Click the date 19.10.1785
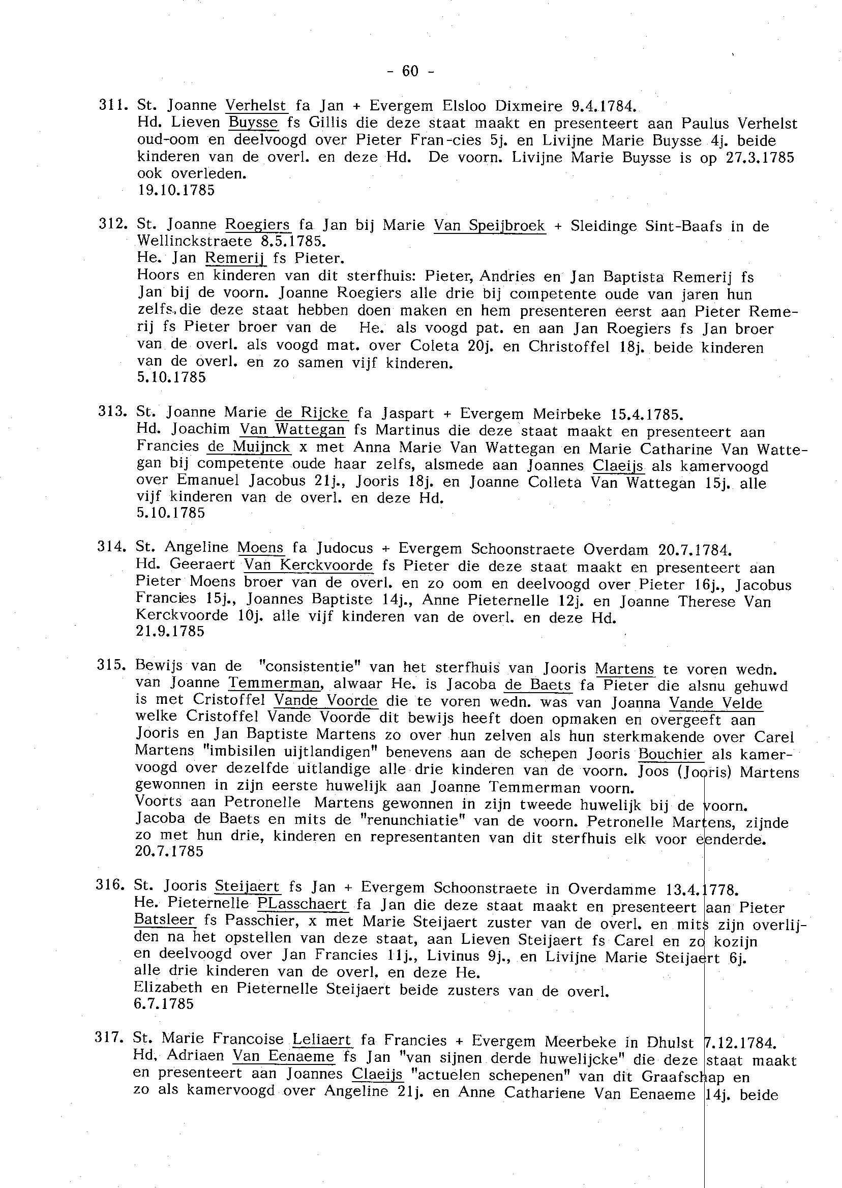pos(176,190)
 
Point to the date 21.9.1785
pos(170,631)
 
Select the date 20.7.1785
pos(169,851)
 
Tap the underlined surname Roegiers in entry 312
pos(258,225)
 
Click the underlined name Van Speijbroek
pos(490,226)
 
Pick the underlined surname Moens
pos(261,548)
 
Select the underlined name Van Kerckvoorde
pos(309,565)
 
